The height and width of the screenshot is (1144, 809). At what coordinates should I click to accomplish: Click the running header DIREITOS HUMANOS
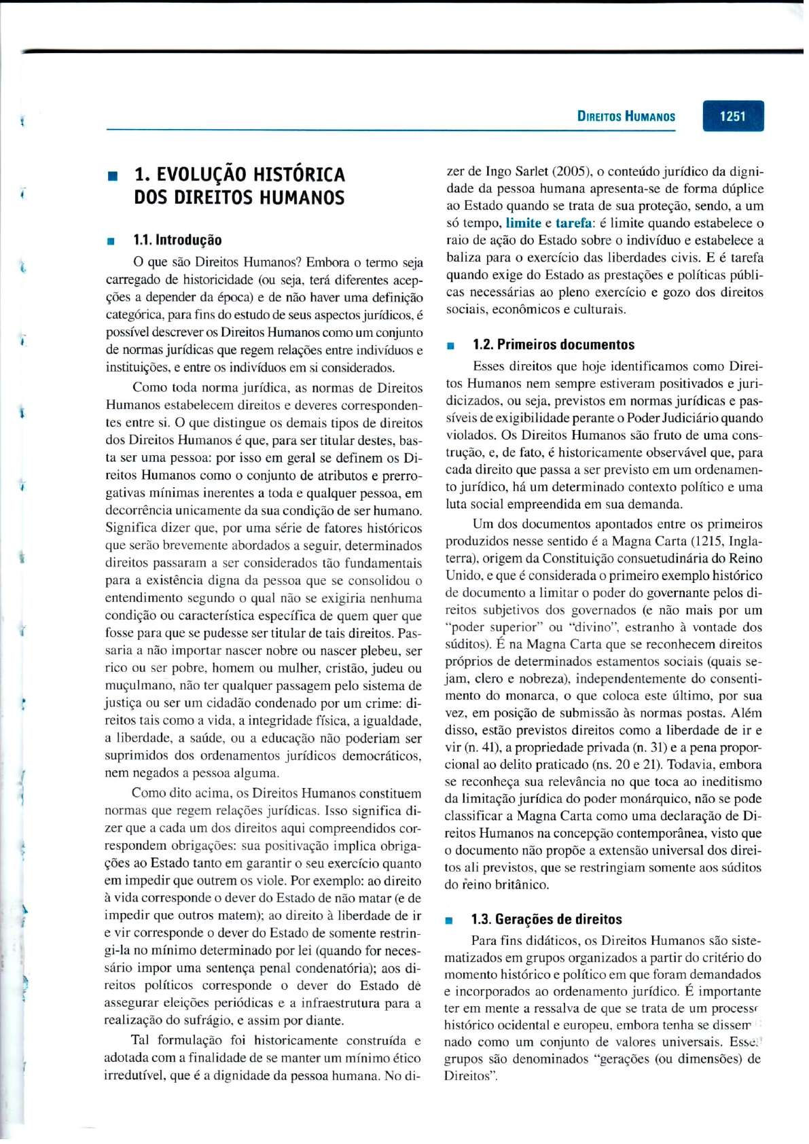coord(626,116)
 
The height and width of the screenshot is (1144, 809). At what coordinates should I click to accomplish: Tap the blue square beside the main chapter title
coord(112,176)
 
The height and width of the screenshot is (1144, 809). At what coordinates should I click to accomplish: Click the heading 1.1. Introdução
coord(177,240)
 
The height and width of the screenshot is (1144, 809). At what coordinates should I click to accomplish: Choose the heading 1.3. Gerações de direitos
coord(546,919)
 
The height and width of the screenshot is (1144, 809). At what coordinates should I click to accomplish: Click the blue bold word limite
coord(523,223)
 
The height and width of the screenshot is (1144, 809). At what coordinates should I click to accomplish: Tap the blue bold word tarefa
coord(573,223)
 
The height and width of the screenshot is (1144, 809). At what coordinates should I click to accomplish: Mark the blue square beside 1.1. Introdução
coord(109,241)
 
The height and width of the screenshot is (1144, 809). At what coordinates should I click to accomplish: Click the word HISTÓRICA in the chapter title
coord(299,175)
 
